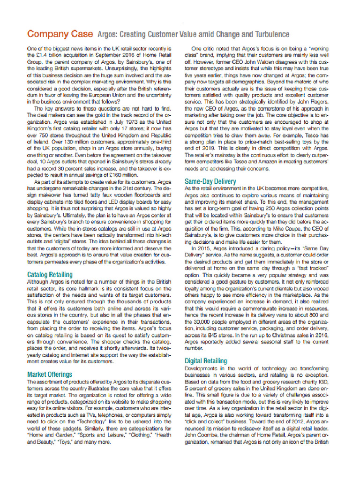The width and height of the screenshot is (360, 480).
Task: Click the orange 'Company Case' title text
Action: click(x=60, y=35)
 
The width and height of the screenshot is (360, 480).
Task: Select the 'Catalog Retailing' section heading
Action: click(x=50, y=274)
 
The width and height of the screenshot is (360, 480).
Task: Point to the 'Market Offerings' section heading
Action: click(x=50, y=374)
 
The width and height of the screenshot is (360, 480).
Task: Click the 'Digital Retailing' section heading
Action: click(x=206, y=361)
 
